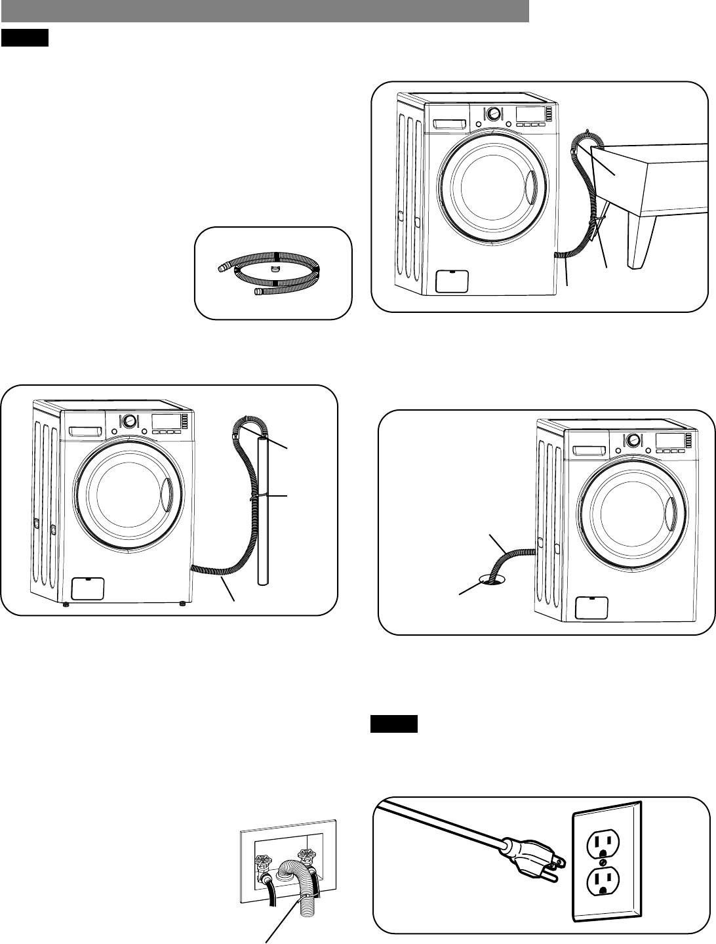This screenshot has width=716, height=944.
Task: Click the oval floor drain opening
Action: [x=493, y=579]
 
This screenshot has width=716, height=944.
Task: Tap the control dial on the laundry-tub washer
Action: [x=493, y=113]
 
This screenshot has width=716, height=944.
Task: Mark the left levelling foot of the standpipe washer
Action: [x=66, y=605]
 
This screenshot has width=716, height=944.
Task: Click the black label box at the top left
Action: [x=25, y=39]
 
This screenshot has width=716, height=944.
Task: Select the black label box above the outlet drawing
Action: [x=394, y=724]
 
